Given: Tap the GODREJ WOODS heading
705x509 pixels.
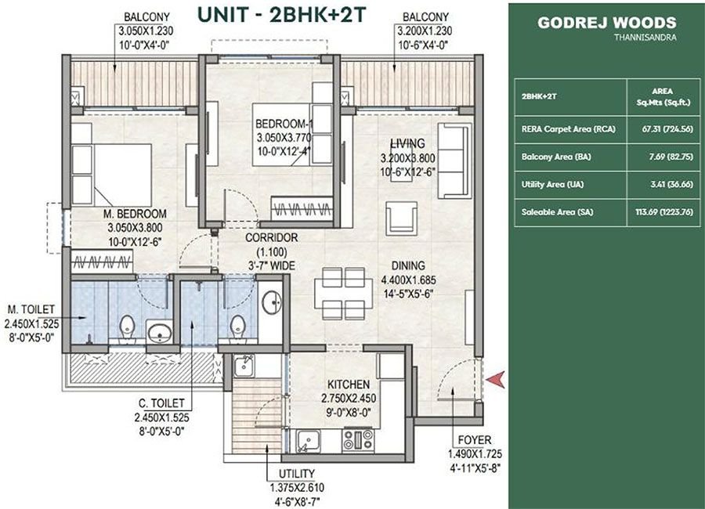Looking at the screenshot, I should click(606, 23).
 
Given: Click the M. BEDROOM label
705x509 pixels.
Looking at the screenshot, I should click(138, 214).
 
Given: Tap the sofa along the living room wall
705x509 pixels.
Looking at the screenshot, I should click(454, 161).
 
